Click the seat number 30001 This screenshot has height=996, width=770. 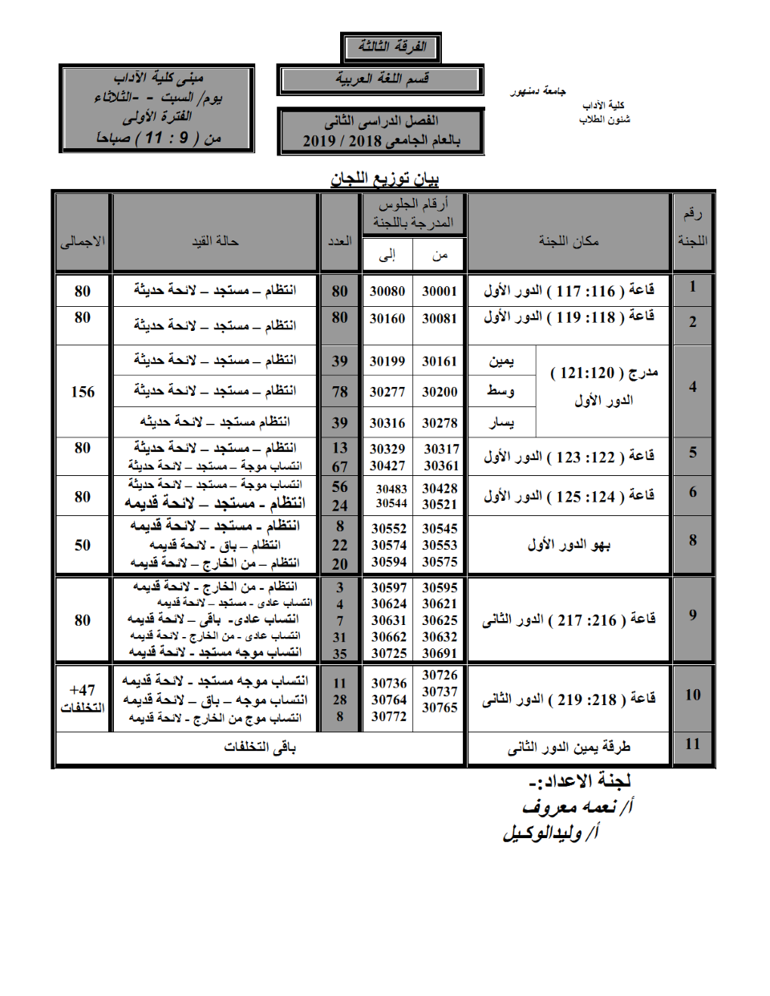pyautogui.click(x=440, y=292)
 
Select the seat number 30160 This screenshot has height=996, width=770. pyautogui.click(x=387, y=319)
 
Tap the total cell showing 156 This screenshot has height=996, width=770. pyautogui.click(x=83, y=392)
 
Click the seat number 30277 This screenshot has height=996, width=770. pyautogui.click(x=387, y=392)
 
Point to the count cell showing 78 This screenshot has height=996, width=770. pyautogui.click(x=340, y=392)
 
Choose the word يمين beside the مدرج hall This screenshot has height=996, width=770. pyautogui.click(x=502, y=361)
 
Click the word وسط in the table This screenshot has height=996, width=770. pyautogui.click(x=501, y=391)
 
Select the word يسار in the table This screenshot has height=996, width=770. pyautogui.click(x=501, y=422)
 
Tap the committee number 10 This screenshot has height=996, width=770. pyautogui.click(x=693, y=695)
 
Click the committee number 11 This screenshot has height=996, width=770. pyautogui.click(x=693, y=744)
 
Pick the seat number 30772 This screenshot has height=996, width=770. pyautogui.click(x=389, y=716)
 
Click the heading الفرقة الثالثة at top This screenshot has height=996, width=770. pyautogui.click(x=391, y=47)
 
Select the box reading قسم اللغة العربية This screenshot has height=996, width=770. pyautogui.click(x=382, y=79)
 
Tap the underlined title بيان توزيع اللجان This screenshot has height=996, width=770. pyautogui.click(x=386, y=178)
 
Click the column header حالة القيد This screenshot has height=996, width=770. pyautogui.click(x=215, y=241)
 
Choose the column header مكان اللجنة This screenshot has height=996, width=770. pyautogui.click(x=569, y=241)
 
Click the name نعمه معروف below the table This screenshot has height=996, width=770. pyautogui.click(x=571, y=807)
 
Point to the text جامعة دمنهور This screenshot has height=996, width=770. pyautogui.click(x=538, y=91)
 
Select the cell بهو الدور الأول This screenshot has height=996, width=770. pyautogui.click(x=569, y=545)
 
